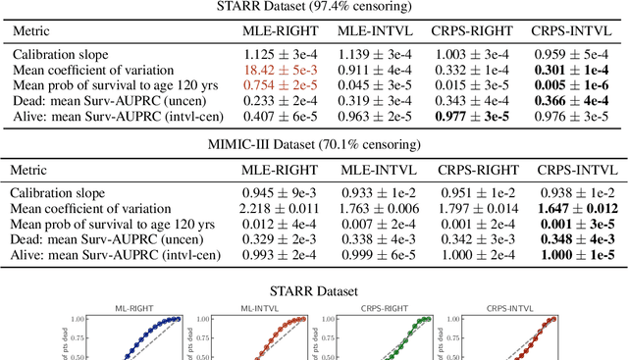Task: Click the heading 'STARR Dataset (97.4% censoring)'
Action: pyautogui.click(x=314, y=7)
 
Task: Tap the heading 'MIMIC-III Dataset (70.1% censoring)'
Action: pyautogui.click(x=314, y=145)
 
